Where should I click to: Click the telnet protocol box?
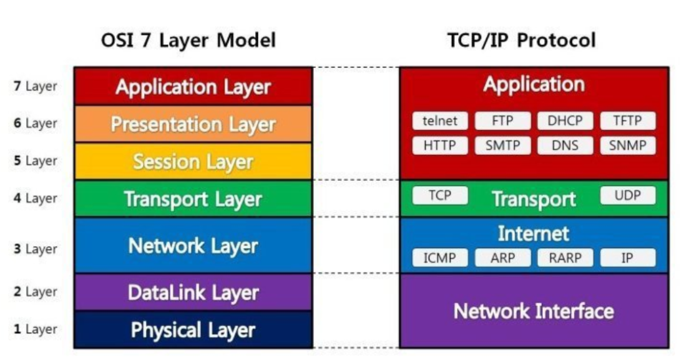pyautogui.click(x=440, y=121)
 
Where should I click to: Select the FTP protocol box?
pyautogui.click(x=502, y=121)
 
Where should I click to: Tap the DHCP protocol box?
pyautogui.click(x=565, y=121)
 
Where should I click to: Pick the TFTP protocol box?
pyautogui.click(x=628, y=121)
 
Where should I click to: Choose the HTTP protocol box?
pyautogui.click(x=440, y=146)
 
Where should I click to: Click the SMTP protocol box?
pyautogui.click(x=502, y=146)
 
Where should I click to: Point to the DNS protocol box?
pyautogui.click(x=565, y=146)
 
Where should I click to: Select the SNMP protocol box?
pyautogui.click(x=628, y=146)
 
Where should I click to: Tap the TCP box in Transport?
pyautogui.click(x=440, y=195)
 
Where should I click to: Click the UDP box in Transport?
pyautogui.click(x=628, y=195)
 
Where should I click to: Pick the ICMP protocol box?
pyautogui.click(x=440, y=258)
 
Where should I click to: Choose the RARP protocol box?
pyautogui.click(x=565, y=258)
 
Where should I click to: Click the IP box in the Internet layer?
pyautogui.click(x=628, y=258)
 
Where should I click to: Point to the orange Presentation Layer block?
pyautogui.click(x=193, y=124)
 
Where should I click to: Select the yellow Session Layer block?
pyautogui.click(x=193, y=162)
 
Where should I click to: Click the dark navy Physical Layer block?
pyautogui.click(x=193, y=329)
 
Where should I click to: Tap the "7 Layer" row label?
pyautogui.click(x=36, y=86)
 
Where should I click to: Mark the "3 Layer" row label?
pyautogui.click(x=36, y=249)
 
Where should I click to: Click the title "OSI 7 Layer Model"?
pyautogui.click(x=188, y=41)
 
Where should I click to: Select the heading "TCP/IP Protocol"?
pyautogui.click(x=521, y=41)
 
